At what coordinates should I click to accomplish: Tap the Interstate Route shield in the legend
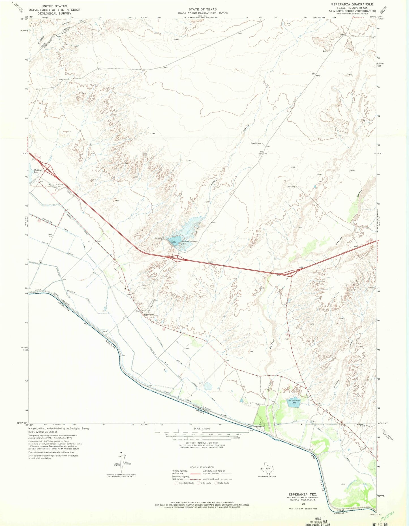click(x=177, y=483)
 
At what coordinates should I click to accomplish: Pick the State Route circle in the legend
click(x=217, y=483)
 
